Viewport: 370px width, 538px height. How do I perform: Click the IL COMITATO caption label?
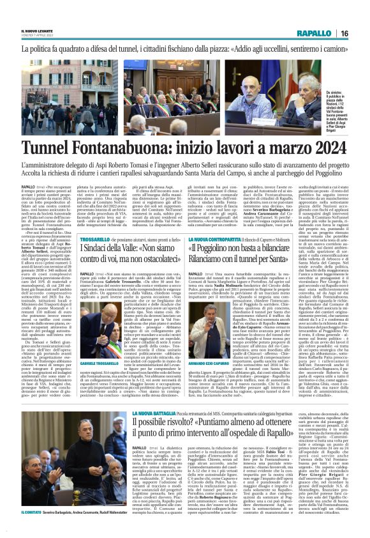(x=33, y=530)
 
